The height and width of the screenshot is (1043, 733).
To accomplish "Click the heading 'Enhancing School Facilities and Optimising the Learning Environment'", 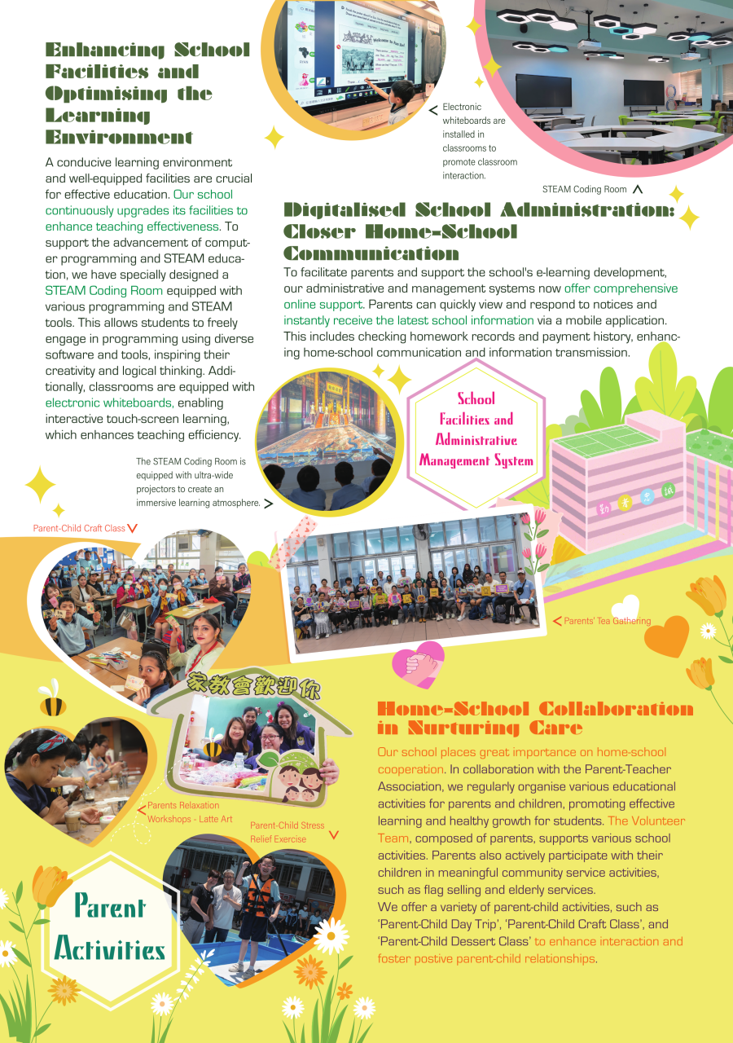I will (147, 93).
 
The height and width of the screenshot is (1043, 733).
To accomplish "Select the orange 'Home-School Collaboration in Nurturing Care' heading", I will (535, 718).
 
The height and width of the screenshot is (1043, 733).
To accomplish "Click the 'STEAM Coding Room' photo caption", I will (585, 189).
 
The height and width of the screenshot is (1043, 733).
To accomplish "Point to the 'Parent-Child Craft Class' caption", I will (79, 528).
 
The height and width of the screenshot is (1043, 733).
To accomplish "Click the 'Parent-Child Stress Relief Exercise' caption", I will (287, 832).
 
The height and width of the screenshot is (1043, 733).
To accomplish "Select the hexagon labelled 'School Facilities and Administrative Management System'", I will (476, 429).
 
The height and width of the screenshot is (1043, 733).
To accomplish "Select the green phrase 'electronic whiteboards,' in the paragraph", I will (109, 403).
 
